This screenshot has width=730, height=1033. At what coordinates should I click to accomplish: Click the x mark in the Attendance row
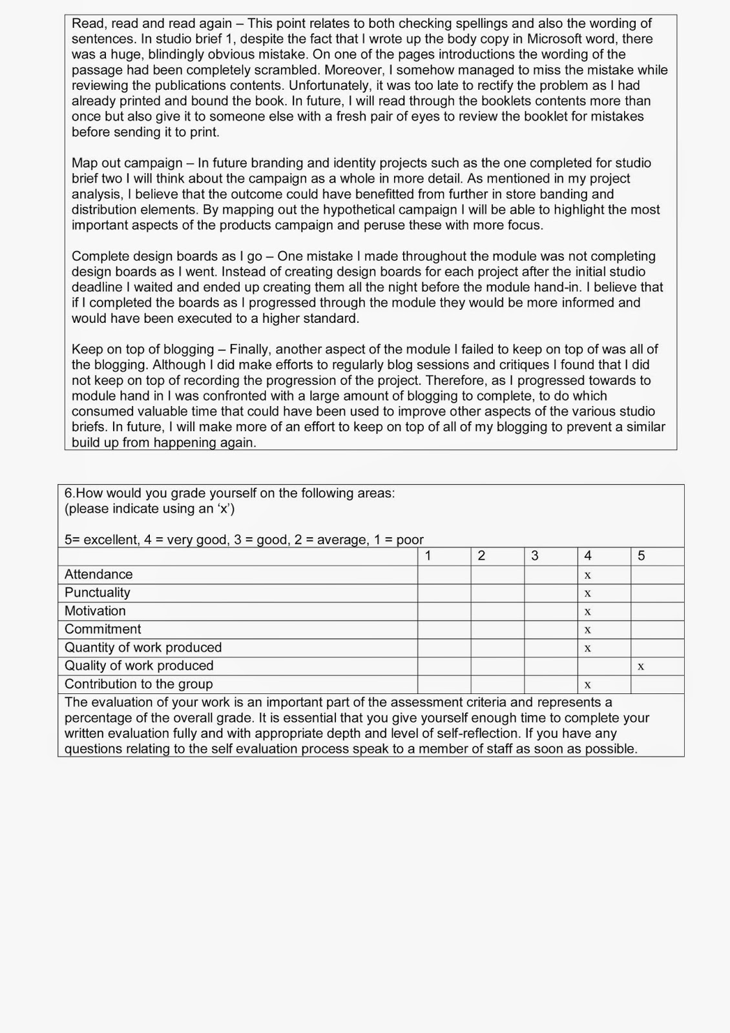point(587,575)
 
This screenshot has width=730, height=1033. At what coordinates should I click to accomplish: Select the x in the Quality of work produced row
point(641,666)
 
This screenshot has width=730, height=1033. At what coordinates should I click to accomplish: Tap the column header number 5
point(641,556)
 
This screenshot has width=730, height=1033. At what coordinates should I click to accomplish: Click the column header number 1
point(428,556)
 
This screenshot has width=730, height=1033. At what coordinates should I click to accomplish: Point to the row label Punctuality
point(97,593)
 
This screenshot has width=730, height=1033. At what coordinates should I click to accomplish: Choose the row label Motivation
point(95,611)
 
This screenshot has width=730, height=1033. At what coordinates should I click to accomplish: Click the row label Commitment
point(103,629)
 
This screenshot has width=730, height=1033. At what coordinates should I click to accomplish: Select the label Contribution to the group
point(138,684)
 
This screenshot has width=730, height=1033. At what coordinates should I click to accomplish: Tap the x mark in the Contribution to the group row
point(587,684)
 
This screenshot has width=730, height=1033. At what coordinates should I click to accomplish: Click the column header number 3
point(534,556)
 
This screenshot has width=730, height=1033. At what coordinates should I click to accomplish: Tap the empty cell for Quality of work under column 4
point(603,666)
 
